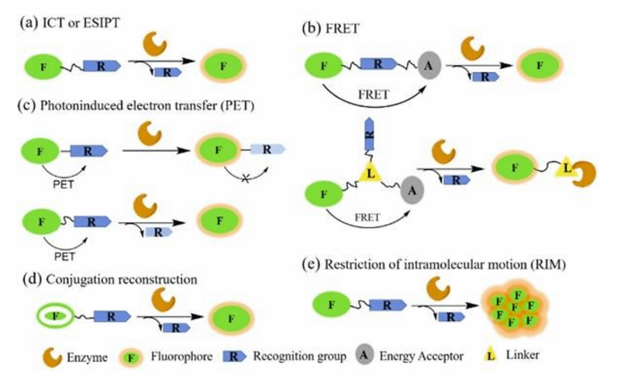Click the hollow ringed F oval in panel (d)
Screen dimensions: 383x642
(53, 316)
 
